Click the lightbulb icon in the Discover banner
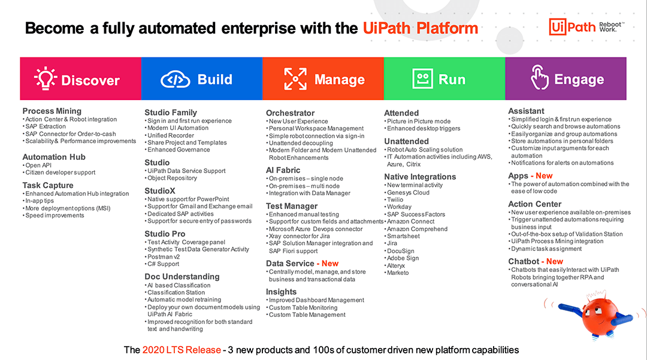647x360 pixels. pos(46,78)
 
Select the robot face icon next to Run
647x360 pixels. pos(422,79)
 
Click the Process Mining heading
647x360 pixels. pos(52,111)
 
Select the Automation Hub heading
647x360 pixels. pos(54,157)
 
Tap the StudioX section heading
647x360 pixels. pos(161,190)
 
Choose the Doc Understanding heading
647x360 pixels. pos(182,277)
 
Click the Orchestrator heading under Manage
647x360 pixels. pos(291,113)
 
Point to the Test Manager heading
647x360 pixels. pos(292,205)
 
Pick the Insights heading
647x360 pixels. pos(282,292)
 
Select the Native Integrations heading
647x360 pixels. pos(420,177)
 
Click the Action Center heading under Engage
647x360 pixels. pos(535,204)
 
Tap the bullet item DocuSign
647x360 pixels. pos(401,251)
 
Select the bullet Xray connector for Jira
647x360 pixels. pos(300,236)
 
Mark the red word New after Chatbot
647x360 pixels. pos(554,261)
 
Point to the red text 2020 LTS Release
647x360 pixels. pos(182,350)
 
